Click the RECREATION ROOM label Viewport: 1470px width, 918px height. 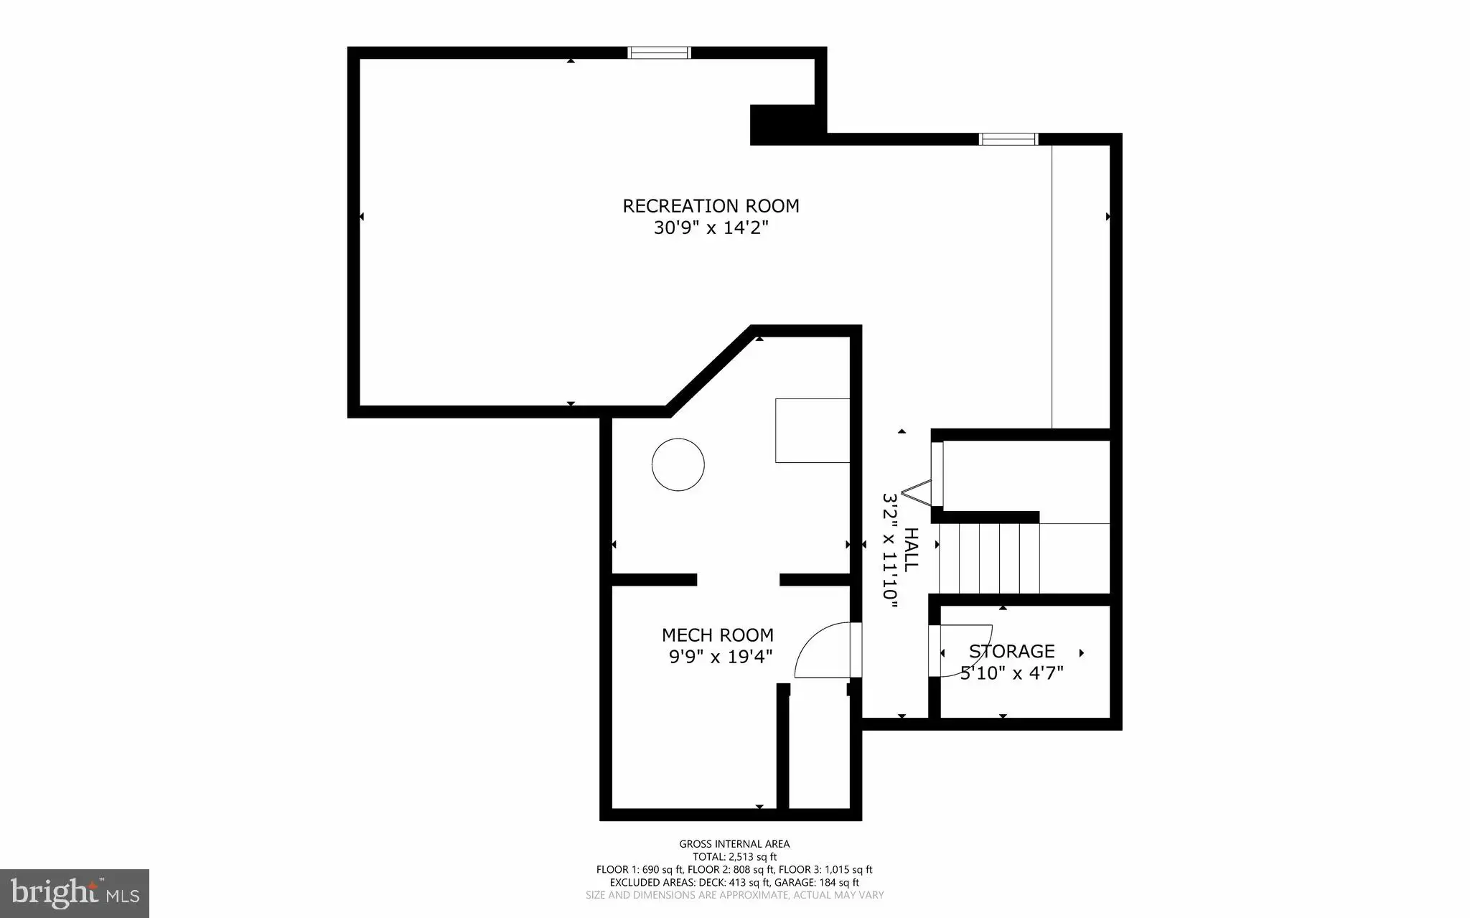pos(711,206)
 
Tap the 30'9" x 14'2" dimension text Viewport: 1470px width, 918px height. pos(711,228)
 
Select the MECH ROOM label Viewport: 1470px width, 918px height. pos(718,635)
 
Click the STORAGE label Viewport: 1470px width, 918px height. pos(1012,651)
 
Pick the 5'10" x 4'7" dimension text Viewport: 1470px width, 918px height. pos(1012,673)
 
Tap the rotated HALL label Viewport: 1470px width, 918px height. pos(911,550)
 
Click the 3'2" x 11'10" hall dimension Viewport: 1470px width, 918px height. pos(890,551)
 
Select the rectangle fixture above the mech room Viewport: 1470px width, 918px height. pos(813,431)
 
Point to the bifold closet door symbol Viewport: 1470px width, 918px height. pos(917,494)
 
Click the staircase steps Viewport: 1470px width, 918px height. pos(989,558)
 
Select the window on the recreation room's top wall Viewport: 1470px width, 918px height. pos(659,52)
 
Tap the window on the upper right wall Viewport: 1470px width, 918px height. pos(1009,139)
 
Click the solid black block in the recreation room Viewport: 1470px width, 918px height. pos(784,125)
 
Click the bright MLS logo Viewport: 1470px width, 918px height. pos(75,894)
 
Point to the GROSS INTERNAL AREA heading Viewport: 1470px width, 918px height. pos(734,844)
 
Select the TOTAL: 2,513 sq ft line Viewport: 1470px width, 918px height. pos(734,857)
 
